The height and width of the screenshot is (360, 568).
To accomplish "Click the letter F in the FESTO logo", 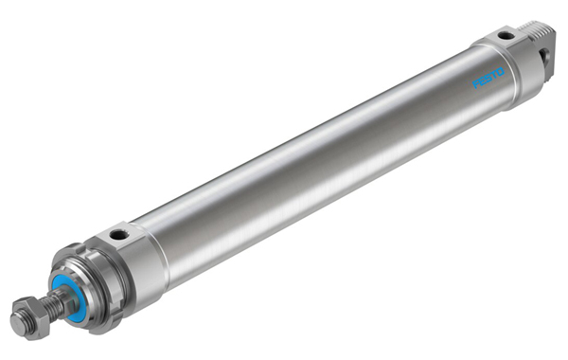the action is point(475,85).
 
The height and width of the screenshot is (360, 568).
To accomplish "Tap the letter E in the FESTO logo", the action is point(482,81).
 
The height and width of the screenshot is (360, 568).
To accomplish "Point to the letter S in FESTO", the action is point(488,78).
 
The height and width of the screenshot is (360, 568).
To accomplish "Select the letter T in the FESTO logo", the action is point(493,75).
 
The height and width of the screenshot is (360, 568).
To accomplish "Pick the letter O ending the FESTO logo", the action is point(499,72).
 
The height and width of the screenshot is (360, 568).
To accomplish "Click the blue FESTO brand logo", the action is point(488,79).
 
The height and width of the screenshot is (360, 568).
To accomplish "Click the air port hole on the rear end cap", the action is point(505,36).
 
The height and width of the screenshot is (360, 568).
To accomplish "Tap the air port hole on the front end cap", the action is point(119,235).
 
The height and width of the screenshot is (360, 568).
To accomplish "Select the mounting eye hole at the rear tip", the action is point(545,56).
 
